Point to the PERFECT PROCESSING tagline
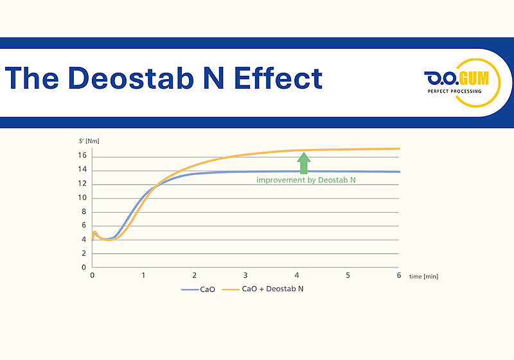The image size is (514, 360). coord(454,91)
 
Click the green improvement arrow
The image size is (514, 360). coord(304,163)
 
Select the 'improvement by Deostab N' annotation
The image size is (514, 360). coord(306,181)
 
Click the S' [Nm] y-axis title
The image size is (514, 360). coord(84,140)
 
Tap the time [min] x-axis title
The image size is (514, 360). coord(423,276)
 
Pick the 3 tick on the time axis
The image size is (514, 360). coord(245,275)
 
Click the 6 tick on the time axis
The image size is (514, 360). coord(398,275)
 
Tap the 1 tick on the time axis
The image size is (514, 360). coord(143,275)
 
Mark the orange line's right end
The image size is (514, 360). coord(399,148)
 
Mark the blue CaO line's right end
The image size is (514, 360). coord(399,172)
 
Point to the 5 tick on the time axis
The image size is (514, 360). coord(348,275)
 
